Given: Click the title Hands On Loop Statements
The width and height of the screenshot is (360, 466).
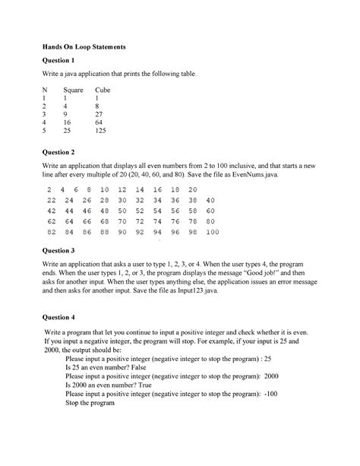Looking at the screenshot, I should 84,47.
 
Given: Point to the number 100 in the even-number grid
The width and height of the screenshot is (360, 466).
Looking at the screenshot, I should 213,232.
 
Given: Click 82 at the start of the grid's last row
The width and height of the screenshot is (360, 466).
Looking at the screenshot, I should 52,232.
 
